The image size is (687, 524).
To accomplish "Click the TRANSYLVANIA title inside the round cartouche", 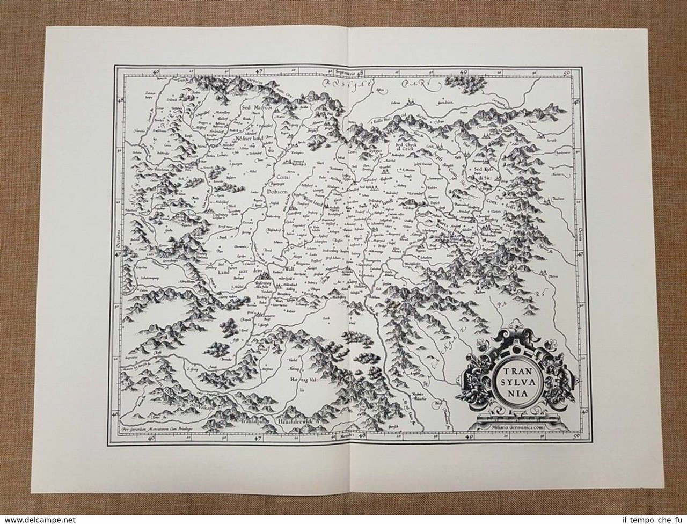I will [510, 380].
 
